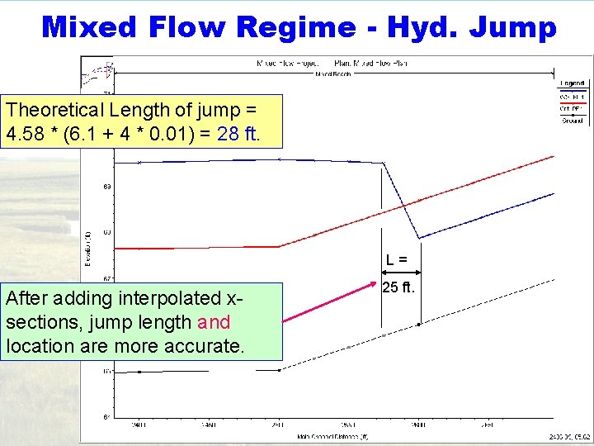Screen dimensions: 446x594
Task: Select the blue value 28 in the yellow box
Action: pos(226,133)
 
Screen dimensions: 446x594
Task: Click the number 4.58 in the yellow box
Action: pos(24,133)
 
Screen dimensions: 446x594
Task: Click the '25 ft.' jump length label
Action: pos(399,288)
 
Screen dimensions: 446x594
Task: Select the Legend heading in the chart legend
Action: pos(572,83)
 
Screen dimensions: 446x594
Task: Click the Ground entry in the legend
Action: pos(573,120)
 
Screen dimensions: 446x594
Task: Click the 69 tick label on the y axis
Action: pos(107,187)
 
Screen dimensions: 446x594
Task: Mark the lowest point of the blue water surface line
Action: pos(419,239)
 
